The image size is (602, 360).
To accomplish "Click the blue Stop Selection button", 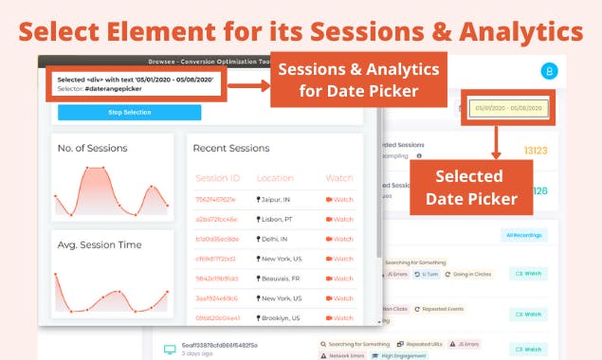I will click(129, 112).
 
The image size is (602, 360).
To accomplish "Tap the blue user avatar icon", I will click(549, 70).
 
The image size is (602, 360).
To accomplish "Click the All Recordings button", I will click(523, 234).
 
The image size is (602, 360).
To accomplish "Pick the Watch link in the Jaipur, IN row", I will click(338, 200).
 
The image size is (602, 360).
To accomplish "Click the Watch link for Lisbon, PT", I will click(338, 220).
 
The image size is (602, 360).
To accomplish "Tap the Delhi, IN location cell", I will click(277, 239).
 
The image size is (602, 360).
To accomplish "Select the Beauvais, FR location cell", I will click(283, 279).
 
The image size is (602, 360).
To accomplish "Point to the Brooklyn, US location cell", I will click(283, 318).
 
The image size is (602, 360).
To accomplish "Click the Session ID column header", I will click(218, 177).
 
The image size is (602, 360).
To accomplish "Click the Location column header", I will click(275, 177).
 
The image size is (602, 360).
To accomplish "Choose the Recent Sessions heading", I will click(230, 148).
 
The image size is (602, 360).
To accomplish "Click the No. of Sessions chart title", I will click(93, 148).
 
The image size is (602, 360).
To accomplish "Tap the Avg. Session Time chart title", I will click(100, 244).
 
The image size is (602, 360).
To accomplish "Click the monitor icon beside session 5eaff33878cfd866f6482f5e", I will click(170, 349).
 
